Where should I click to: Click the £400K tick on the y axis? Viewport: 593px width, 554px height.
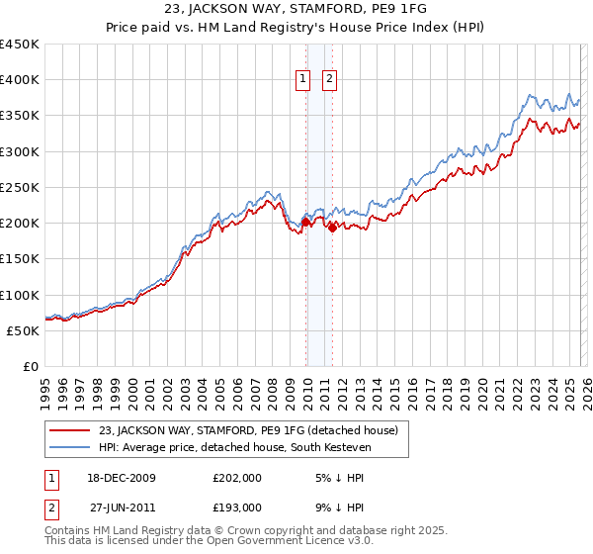click(x=20, y=80)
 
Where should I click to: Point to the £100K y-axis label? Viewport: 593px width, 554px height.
click(x=20, y=295)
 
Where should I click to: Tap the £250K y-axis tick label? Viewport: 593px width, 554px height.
click(x=20, y=187)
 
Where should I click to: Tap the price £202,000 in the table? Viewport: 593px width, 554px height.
click(x=237, y=478)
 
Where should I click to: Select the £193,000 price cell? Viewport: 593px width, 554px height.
click(x=237, y=507)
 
